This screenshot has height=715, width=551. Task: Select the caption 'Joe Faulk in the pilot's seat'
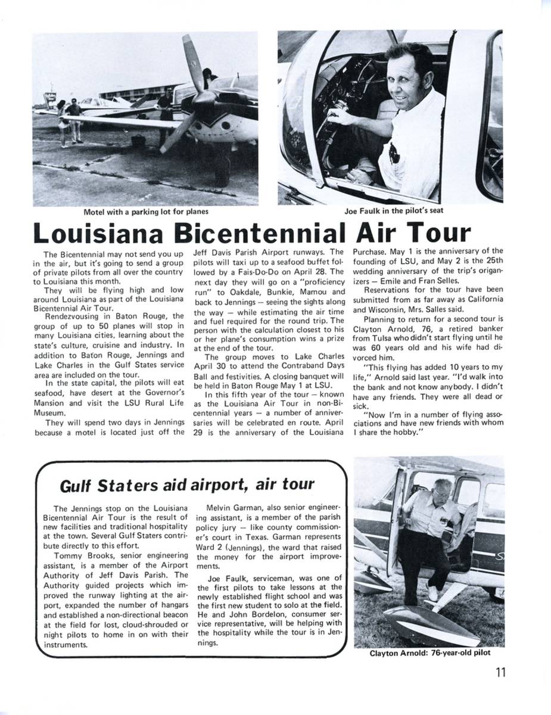click(x=393, y=210)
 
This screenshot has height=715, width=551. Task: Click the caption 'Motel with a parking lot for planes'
click(x=146, y=210)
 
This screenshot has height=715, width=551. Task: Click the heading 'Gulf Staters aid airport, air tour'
click(x=188, y=485)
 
